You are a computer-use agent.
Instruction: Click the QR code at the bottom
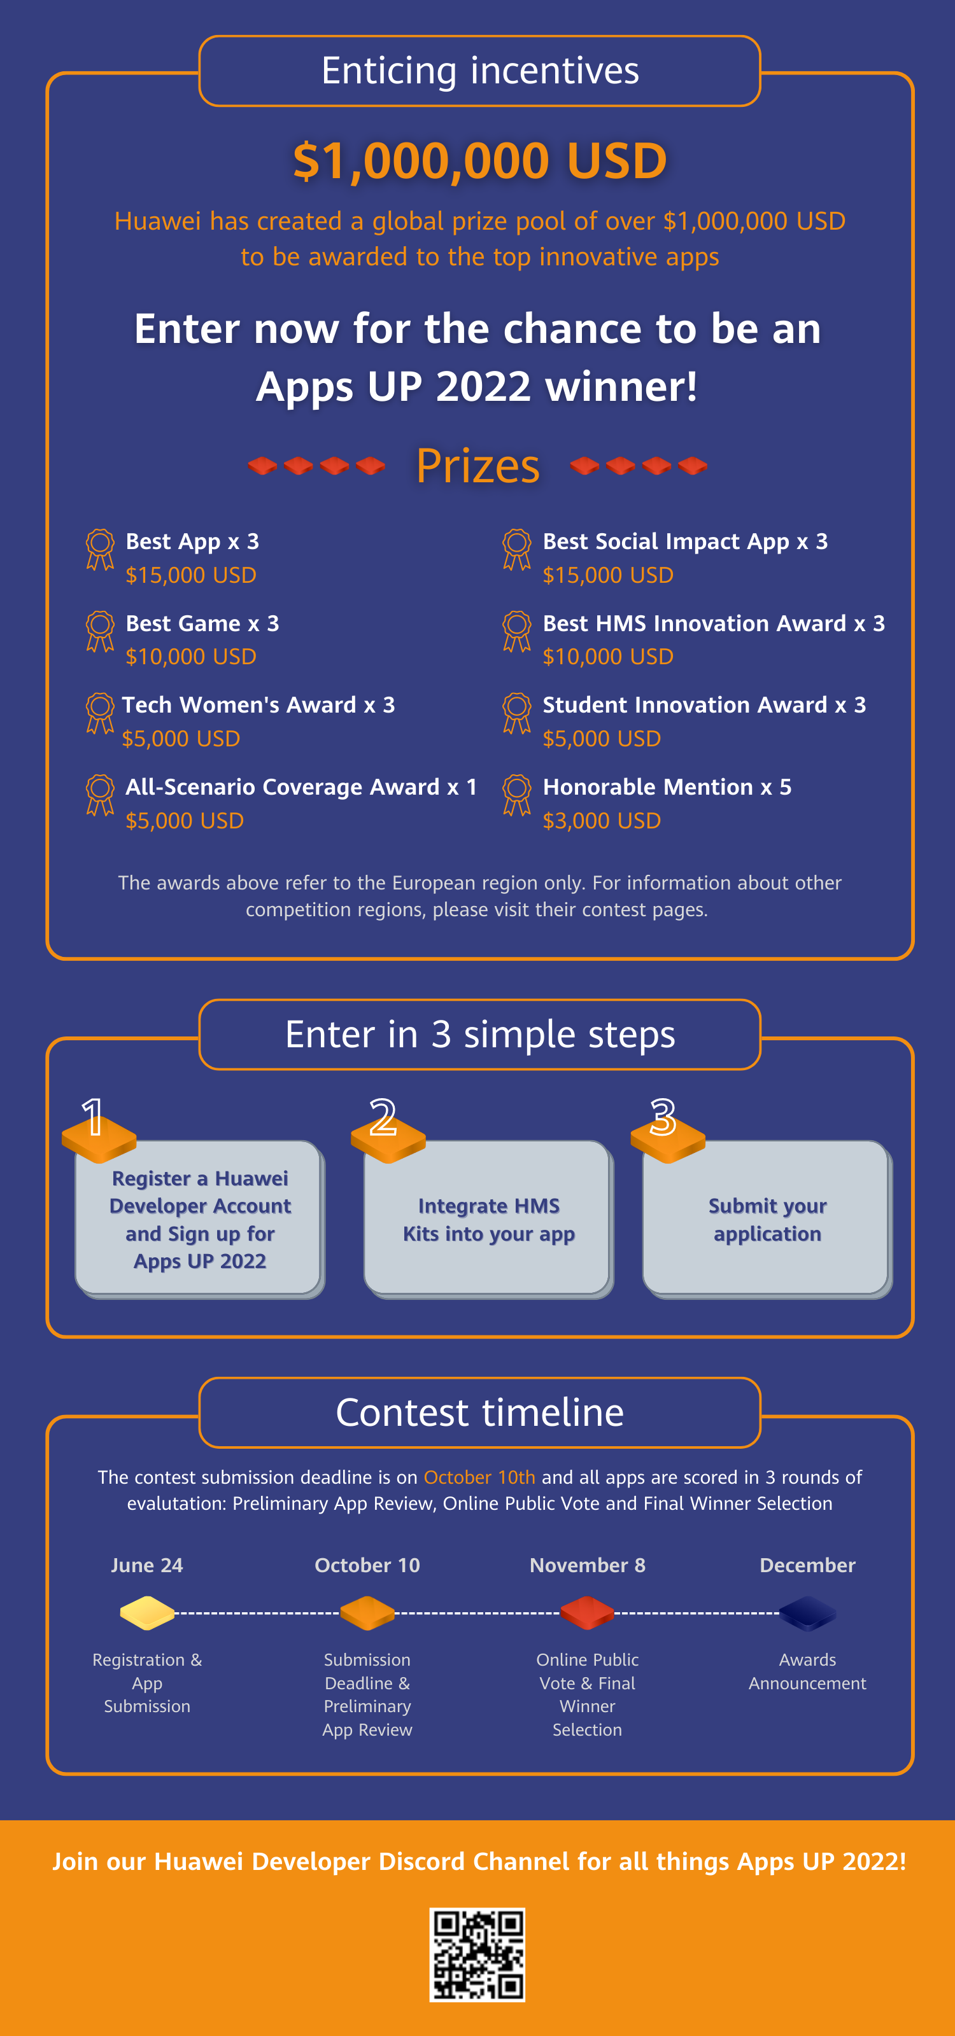coord(477,1955)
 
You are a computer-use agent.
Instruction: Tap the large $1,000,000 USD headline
coord(480,160)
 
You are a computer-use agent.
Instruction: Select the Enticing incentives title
coord(480,71)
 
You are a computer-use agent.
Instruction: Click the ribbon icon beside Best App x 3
coord(99,549)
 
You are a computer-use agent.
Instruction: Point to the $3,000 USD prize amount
coord(602,820)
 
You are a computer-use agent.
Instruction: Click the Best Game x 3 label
coord(202,623)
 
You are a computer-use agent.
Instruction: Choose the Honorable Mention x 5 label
coord(667,786)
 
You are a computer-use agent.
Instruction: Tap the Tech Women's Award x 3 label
coord(258,704)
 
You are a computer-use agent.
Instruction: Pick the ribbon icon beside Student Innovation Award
coord(516,713)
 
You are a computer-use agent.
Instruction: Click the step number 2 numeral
coord(383,1117)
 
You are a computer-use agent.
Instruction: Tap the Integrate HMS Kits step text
coord(488,1220)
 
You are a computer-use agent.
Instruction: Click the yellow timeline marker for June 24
coord(147,1612)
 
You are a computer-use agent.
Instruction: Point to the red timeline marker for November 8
coord(588,1612)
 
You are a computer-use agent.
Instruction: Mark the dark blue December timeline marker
coord(807,1612)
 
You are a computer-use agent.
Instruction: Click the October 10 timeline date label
coord(367,1565)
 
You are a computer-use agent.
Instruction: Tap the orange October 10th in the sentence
coord(479,1477)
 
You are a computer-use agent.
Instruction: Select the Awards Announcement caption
coord(807,1671)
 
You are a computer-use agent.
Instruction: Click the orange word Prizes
coord(478,466)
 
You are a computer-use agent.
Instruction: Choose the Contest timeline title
coord(480,1412)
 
